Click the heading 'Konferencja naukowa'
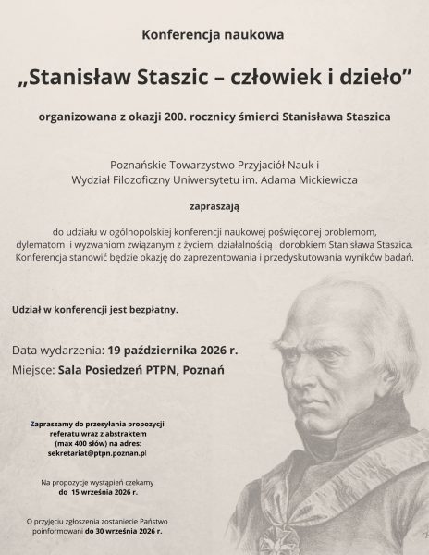(214, 35)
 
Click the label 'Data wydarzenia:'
(57, 351)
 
